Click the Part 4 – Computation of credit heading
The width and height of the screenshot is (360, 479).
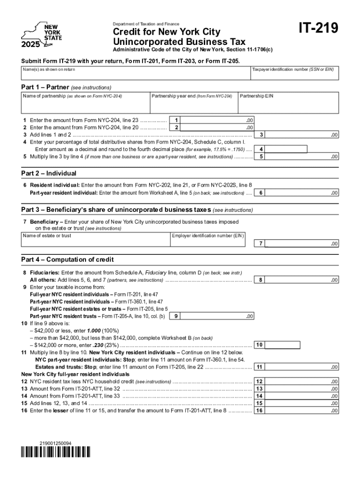(x=67, y=260)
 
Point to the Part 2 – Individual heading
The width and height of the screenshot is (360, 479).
(x=49, y=173)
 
